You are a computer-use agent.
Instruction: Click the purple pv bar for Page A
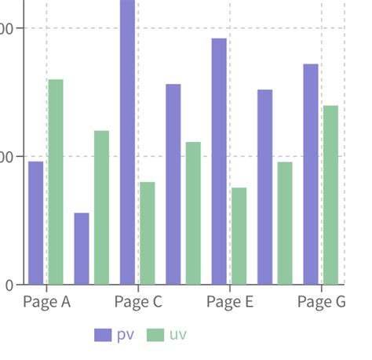35,223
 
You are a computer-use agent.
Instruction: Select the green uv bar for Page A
55,182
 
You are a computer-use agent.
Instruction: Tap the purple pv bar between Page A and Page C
82,249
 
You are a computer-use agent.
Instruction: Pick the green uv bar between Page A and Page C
101,207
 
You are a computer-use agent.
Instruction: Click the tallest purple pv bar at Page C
127,142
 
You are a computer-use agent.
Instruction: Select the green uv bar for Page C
147,233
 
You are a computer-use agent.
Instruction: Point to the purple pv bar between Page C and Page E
173,184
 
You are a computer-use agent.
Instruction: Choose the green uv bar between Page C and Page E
193,213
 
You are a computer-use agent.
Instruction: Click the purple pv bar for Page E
219,162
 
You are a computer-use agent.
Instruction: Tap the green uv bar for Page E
239,236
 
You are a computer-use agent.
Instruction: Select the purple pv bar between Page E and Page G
265,187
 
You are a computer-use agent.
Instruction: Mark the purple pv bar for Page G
311,174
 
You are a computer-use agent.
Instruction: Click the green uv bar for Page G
330,195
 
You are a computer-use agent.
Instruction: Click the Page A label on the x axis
47,302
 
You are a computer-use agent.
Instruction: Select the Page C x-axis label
138,302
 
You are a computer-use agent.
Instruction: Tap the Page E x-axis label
230,302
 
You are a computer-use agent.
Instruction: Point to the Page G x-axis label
322,302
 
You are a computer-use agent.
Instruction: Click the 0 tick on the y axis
9,285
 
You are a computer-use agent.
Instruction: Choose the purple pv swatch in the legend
103,335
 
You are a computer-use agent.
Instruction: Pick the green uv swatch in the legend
156,335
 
